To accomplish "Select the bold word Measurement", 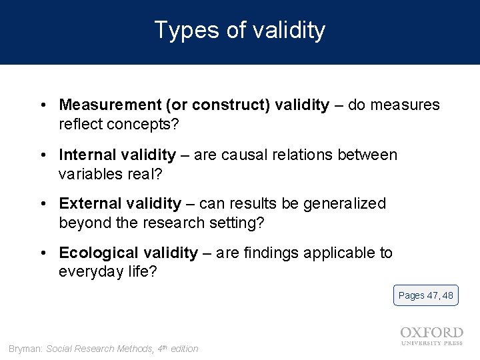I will (x=110, y=105).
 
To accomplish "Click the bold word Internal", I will (x=84, y=155).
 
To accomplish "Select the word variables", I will (x=87, y=175).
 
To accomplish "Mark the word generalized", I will (x=345, y=203).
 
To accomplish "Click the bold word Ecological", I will (x=93, y=253).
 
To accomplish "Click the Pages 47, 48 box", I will (x=425, y=295).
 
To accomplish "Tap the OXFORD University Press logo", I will (x=431, y=335).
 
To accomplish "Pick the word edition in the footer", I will (x=184, y=349).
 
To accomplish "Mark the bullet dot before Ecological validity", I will (x=42, y=253).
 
